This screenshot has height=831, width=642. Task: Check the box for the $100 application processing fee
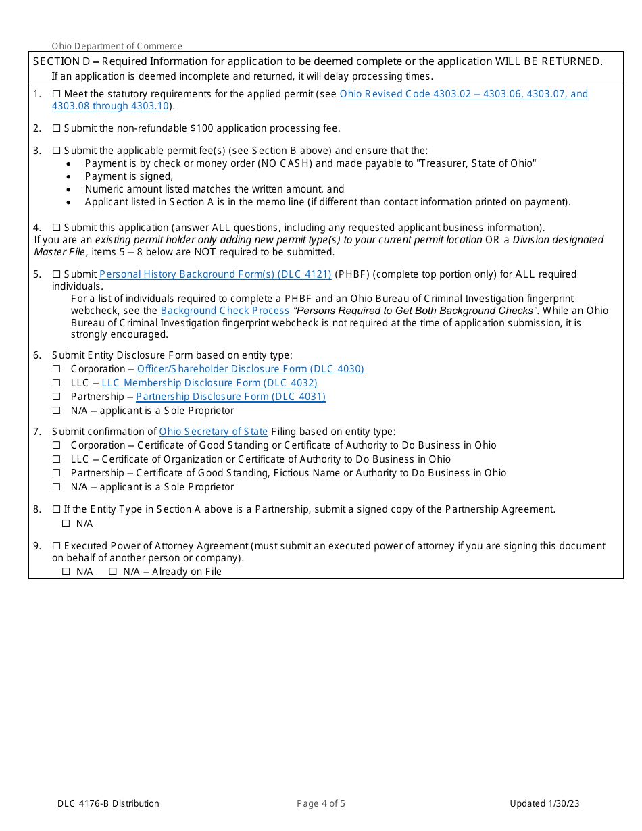pyautogui.click(x=56, y=128)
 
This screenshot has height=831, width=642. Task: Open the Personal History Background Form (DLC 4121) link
pyautogui.click(x=215, y=274)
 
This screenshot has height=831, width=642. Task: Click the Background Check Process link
pyautogui.click(x=225, y=311)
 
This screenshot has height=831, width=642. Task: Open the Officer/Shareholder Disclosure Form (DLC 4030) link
pyautogui.click(x=250, y=369)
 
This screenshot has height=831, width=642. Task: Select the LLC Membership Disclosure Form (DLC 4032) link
pyautogui.click(x=209, y=383)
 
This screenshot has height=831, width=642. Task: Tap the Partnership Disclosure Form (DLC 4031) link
pyautogui.click(x=230, y=397)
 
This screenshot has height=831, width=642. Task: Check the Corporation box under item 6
pyautogui.click(x=57, y=369)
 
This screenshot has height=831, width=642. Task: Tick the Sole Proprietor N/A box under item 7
pyautogui.click(x=57, y=487)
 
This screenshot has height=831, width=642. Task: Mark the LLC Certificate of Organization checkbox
pyautogui.click(x=57, y=459)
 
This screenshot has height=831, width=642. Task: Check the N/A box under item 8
pyautogui.click(x=66, y=524)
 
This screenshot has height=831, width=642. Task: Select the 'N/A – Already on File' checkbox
pyautogui.click(x=113, y=572)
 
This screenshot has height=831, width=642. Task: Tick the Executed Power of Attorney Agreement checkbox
pyautogui.click(x=56, y=546)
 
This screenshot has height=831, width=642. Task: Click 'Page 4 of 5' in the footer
pyautogui.click(x=321, y=803)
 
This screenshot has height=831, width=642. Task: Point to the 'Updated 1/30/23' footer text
pyautogui.click(x=544, y=803)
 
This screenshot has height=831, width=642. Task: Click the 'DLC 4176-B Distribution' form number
pyautogui.click(x=108, y=803)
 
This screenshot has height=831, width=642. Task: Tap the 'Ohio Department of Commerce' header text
pyautogui.click(x=117, y=46)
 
